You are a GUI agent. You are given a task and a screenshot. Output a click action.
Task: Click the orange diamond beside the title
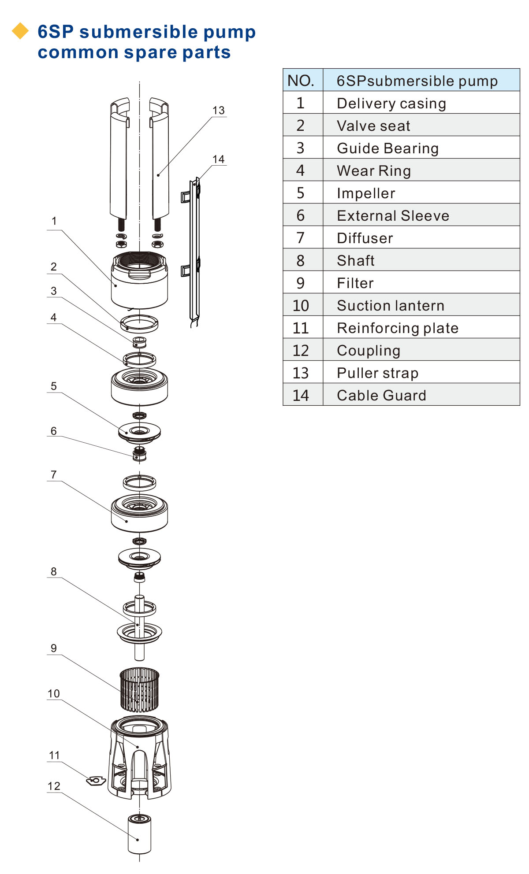tap(20, 31)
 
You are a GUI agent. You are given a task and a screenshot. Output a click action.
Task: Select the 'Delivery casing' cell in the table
tap(391, 103)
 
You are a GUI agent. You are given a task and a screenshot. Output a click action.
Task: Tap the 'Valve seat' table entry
tap(373, 126)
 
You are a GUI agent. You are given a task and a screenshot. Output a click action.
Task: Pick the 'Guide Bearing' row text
tap(387, 148)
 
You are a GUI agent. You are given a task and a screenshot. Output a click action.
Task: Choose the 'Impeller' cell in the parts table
tap(366, 193)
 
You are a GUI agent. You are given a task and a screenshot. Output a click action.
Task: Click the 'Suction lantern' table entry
tap(391, 305)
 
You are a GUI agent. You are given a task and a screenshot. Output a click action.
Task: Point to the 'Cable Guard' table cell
tap(381, 395)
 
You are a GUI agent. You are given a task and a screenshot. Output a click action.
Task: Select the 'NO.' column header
tap(301, 81)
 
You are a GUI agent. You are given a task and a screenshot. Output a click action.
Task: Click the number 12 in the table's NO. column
tap(301, 350)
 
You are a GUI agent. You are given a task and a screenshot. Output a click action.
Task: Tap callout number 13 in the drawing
tap(218, 110)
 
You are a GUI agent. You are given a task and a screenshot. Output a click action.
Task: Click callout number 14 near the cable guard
tap(218, 159)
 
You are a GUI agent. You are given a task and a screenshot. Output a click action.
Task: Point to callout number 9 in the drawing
tap(54, 648)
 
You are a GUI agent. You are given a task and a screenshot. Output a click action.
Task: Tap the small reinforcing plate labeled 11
tap(96, 781)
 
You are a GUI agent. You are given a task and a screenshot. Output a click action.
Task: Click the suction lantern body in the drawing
tap(139, 758)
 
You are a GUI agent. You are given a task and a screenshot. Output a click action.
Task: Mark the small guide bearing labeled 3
tap(139, 342)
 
